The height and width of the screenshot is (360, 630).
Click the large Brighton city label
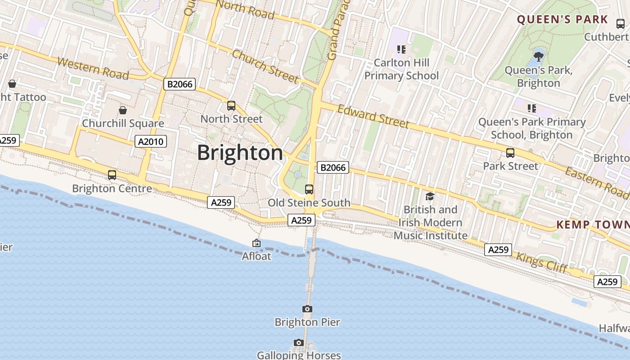pyautogui.click(x=240, y=153)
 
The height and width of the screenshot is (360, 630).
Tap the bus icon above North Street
pyautogui.click(x=231, y=106)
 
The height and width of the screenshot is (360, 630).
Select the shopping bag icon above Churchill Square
pyautogui.click(x=122, y=110)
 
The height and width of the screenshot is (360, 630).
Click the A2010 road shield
pyautogui.click(x=151, y=142)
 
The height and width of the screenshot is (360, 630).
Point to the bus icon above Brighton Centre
pyautogui.click(x=112, y=175)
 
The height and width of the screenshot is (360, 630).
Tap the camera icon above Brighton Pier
pyautogui.click(x=307, y=309)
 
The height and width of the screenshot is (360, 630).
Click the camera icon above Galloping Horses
pyautogui.click(x=298, y=343)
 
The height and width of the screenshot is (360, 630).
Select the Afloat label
pyautogui.click(x=256, y=256)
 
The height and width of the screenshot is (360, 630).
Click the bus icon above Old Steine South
pyautogui.click(x=309, y=189)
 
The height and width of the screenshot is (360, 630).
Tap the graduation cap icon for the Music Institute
pyautogui.click(x=430, y=196)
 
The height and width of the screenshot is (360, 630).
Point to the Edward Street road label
pyautogui.click(x=373, y=117)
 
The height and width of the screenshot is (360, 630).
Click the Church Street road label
pyautogui.click(x=265, y=67)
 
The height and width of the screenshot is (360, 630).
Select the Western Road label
pyautogui.click(x=93, y=68)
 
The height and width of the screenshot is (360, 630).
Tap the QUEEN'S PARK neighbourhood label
pyautogui.click(x=562, y=20)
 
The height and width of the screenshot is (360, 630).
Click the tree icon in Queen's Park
pyautogui.click(x=538, y=57)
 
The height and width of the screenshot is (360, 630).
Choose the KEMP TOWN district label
pyautogui.click(x=593, y=225)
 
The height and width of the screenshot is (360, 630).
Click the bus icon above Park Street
pyautogui.click(x=510, y=153)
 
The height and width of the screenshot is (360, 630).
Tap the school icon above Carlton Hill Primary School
pyautogui.click(x=401, y=49)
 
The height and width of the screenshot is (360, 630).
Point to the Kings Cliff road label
pyautogui.click(x=542, y=263)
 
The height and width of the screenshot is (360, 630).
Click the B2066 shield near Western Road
pyautogui.click(x=179, y=84)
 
